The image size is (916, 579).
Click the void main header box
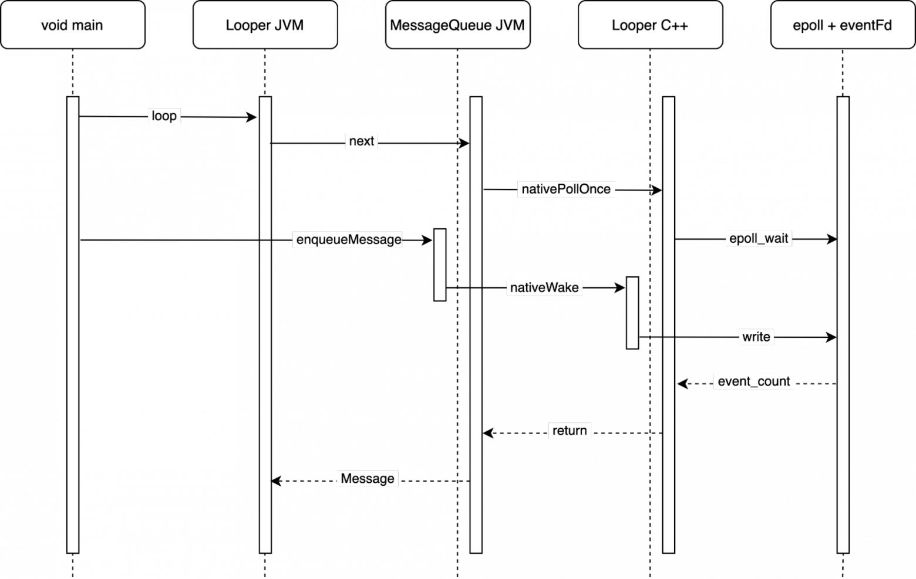click(x=72, y=25)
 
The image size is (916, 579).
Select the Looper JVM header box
click(x=265, y=25)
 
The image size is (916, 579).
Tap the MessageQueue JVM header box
click(x=457, y=25)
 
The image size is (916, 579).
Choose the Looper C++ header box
click(x=650, y=25)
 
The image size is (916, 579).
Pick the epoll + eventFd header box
click(x=843, y=25)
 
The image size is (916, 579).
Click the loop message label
click(x=164, y=116)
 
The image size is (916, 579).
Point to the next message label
click(x=361, y=141)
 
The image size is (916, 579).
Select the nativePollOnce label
click(x=566, y=189)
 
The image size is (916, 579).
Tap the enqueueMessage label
click(x=348, y=239)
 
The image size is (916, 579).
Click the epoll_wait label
click(x=759, y=238)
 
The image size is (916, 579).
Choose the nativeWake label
click(x=544, y=287)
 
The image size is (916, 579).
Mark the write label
click(x=756, y=337)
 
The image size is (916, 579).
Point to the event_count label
click(x=754, y=381)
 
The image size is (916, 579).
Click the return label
click(x=570, y=431)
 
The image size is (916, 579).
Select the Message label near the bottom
click(x=368, y=479)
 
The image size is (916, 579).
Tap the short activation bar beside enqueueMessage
click(x=440, y=265)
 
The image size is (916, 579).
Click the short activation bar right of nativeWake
click(x=632, y=313)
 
